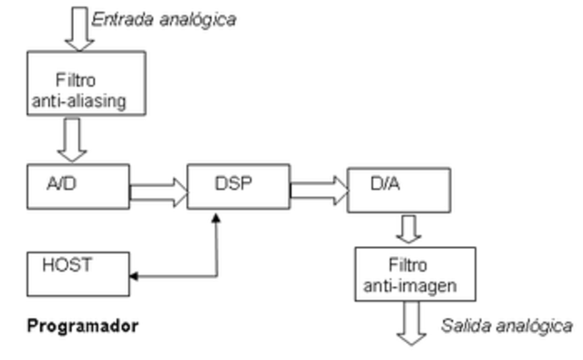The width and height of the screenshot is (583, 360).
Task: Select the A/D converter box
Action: pos(77,187)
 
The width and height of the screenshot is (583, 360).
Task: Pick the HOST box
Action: pos(77,273)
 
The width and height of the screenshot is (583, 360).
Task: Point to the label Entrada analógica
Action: pos(164,19)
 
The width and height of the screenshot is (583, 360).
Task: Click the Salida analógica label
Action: pos(507,325)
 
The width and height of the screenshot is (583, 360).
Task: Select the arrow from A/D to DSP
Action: pos(157,190)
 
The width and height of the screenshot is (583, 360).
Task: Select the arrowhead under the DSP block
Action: pos(216,220)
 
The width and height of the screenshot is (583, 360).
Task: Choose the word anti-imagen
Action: pos(415,286)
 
